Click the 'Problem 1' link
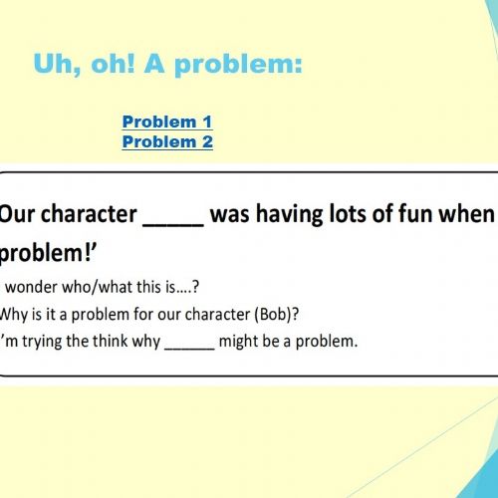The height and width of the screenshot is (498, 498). click(167, 122)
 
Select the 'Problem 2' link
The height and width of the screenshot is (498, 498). click(167, 141)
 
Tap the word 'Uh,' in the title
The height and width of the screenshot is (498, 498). click(57, 64)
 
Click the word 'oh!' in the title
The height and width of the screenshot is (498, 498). click(113, 64)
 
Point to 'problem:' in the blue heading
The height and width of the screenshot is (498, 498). click(239, 65)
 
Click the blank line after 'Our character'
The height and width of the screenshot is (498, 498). click(173, 225)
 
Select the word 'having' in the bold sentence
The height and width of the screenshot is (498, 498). click(290, 214)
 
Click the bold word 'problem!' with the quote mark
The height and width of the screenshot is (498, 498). click(48, 254)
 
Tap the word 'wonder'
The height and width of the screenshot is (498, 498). click(32, 287)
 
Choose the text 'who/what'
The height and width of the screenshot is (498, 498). click(98, 287)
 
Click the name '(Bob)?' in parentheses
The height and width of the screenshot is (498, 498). click(277, 315)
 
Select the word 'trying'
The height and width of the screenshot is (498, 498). click(42, 342)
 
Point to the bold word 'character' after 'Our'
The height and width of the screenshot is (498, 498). click(89, 214)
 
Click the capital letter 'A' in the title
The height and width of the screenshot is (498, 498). click(154, 64)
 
